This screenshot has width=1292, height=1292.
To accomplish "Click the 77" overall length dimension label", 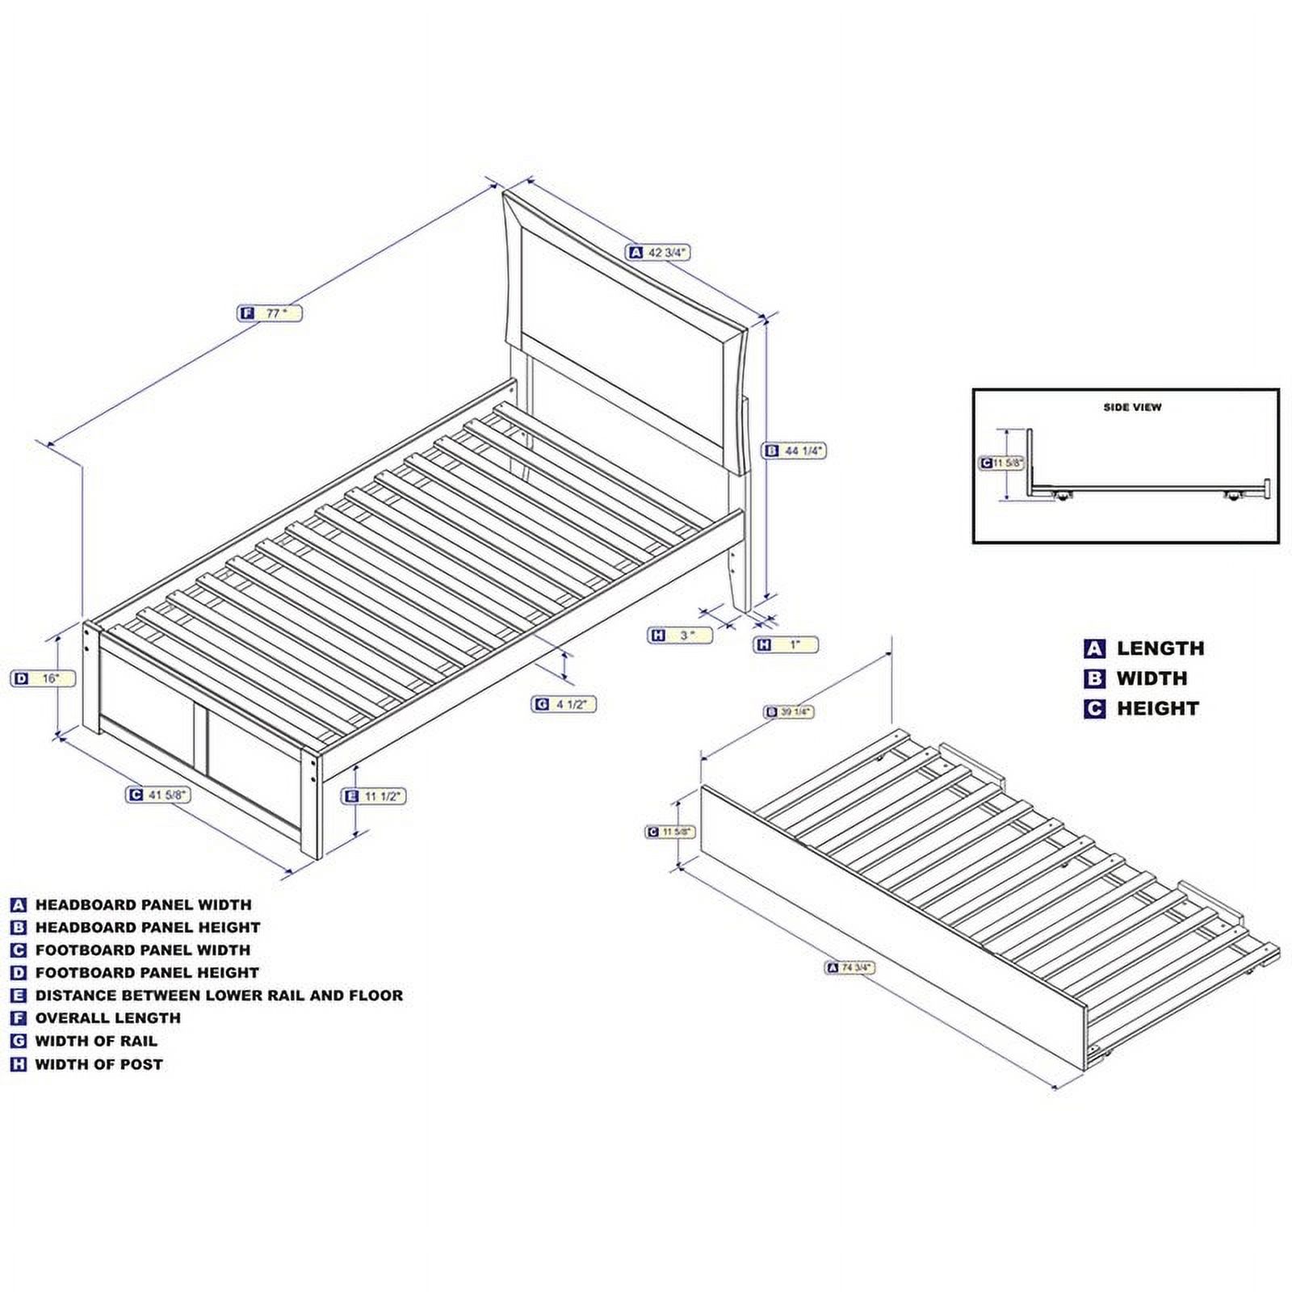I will (271, 313).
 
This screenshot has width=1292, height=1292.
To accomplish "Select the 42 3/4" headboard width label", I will (659, 253).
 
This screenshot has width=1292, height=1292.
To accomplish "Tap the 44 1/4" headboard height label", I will (795, 451).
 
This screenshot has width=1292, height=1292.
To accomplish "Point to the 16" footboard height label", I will (44, 678).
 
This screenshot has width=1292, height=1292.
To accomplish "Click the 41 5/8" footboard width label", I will (159, 795).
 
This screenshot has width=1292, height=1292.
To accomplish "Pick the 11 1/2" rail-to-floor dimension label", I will (374, 796).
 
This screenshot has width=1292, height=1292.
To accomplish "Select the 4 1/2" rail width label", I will (564, 704).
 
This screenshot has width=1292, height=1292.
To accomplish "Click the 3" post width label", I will (681, 636).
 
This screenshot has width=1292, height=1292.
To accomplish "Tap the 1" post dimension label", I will (787, 644).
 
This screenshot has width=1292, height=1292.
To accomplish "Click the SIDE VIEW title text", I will (1132, 407).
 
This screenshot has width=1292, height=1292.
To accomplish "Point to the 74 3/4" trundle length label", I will (850, 967).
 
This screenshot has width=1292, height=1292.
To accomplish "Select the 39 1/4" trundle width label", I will (789, 711).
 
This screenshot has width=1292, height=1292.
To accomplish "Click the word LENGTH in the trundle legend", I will (1160, 648).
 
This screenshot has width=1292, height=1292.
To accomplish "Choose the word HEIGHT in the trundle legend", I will (1157, 709).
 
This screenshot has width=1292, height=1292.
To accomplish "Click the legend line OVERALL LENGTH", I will (107, 1018).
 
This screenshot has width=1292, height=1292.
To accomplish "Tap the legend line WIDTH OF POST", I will (99, 1064).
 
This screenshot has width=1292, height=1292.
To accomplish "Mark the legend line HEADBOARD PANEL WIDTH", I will (143, 905).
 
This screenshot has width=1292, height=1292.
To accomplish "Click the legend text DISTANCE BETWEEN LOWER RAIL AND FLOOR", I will (218, 996).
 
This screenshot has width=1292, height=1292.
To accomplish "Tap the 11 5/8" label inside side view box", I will (1002, 464).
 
